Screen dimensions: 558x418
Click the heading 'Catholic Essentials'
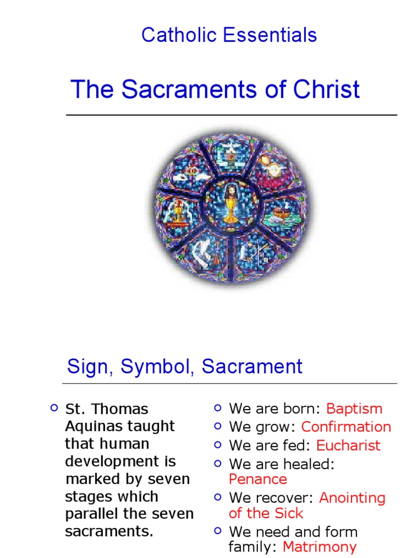click(229, 35)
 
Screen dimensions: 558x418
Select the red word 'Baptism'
click(354, 409)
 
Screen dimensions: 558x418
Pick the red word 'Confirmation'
click(346, 427)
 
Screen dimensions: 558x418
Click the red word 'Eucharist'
click(348, 445)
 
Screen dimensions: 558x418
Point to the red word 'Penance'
click(258, 480)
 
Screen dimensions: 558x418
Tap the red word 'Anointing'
click(352, 498)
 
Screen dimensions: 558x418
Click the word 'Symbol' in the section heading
click(158, 367)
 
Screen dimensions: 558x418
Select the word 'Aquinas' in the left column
click(93, 427)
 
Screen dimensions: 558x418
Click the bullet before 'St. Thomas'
click(53, 408)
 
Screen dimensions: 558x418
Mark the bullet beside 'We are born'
click(218, 408)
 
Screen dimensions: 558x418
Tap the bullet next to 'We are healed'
click(218, 463)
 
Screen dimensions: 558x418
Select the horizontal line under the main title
click(231, 115)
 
